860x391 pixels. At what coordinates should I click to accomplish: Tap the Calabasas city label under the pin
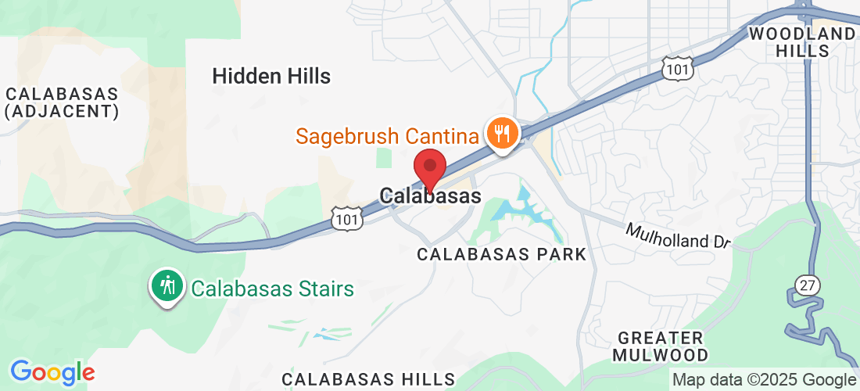[430, 196]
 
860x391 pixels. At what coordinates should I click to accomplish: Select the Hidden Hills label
[271, 77]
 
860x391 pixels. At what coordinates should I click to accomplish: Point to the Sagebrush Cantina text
[386, 137]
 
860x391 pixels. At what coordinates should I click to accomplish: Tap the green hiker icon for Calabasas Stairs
[167, 287]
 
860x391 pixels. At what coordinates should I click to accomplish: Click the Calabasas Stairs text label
[273, 289]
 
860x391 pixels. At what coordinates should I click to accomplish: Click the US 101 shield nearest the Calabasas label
[345, 219]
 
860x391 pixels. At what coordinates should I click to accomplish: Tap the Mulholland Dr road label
[678, 235]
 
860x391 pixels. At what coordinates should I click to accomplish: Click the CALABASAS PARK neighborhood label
[501, 254]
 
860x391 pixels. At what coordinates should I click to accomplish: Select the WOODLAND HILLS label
[802, 42]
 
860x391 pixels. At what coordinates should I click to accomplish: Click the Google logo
[52, 372]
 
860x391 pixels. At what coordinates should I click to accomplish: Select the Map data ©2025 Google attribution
[765, 380]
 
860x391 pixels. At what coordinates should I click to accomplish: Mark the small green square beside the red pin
[382, 156]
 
